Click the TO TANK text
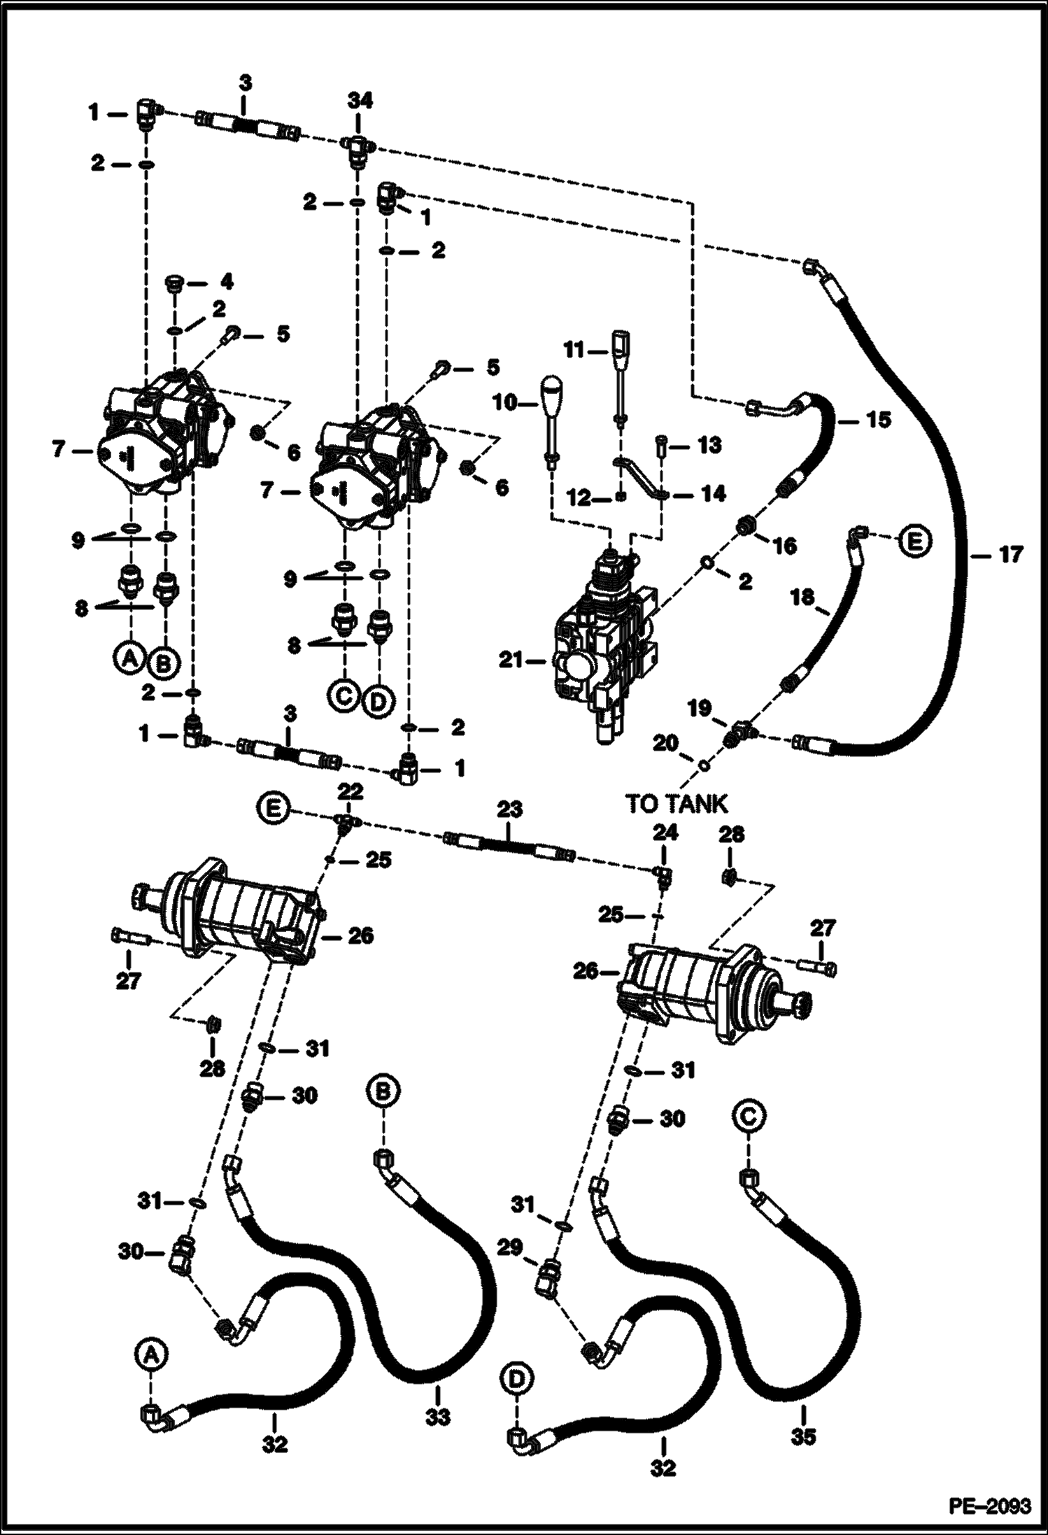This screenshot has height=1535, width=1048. (x=677, y=804)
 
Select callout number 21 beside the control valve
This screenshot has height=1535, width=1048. (x=511, y=658)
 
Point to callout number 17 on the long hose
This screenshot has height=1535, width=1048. (x=1011, y=554)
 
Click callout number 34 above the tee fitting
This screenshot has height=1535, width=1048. (x=359, y=101)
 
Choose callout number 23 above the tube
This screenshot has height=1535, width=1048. (x=509, y=809)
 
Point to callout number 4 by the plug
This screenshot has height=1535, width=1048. (x=225, y=283)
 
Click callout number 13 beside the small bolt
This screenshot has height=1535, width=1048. (x=709, y=445)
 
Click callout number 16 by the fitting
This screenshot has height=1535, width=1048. (x=784, y=545)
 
